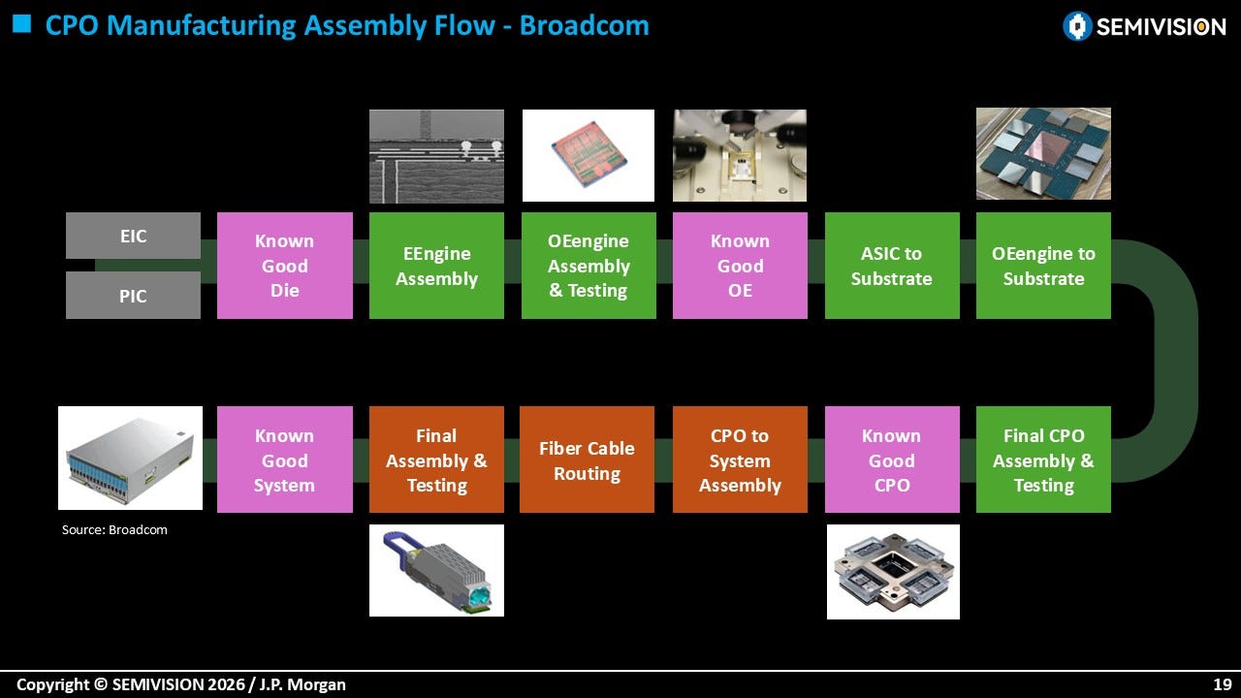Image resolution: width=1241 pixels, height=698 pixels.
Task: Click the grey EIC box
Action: pos(133,236)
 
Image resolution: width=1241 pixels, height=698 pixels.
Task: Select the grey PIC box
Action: pos(133,296)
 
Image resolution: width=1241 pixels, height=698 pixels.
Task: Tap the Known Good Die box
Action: pos(285,266)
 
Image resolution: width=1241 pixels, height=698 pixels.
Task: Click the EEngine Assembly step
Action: pos(436,266)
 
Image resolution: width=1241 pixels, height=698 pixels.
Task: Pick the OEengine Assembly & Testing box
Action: pos(589,266)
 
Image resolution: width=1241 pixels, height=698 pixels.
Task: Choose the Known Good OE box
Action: pos(740,266)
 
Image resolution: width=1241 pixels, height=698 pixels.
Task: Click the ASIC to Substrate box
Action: pos(892,266)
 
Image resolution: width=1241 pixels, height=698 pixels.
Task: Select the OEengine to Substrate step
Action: pos(1044,266)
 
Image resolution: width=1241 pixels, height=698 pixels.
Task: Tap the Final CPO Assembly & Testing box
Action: pos(1044,460)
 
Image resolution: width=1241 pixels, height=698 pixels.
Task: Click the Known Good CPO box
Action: pos(892,460)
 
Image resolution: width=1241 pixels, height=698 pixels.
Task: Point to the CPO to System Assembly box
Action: pos(740,460)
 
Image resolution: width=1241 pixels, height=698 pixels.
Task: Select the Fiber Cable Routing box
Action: pos(588,460)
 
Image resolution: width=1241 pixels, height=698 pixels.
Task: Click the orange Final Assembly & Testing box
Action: pos(436,460)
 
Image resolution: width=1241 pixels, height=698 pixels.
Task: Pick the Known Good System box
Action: pos(285,460)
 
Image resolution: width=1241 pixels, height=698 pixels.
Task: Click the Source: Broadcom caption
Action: pos(114,529)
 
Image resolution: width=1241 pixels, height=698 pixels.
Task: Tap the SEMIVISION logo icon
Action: pos(1077,26)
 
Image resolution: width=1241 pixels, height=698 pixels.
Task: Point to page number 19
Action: pos(1223,684)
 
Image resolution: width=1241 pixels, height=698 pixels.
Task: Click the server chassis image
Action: pos(130,459)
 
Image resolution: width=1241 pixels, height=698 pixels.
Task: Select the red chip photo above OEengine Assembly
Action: pos(589,156)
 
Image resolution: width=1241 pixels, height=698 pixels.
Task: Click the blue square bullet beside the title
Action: pos(21,24)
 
